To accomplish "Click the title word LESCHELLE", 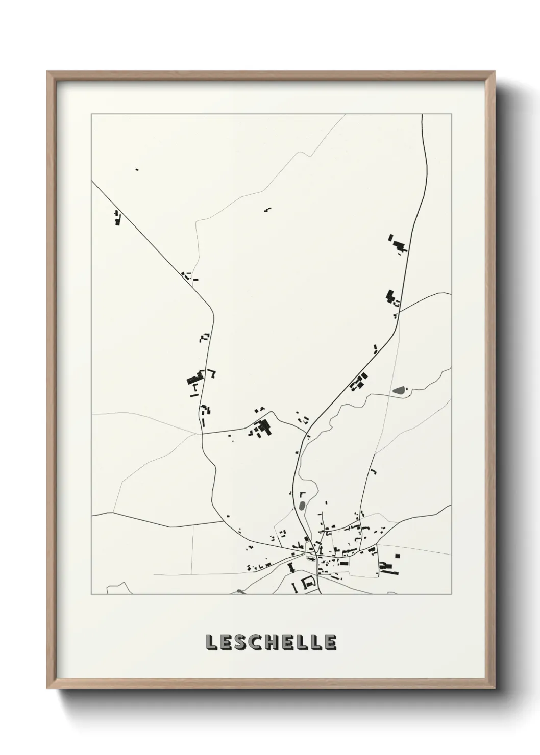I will pyautogui.click(x=271, y=643).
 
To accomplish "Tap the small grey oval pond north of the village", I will pyautogui.click(x=302, y=506).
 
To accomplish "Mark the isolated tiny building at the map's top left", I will pyautogui.click(x=137, y=169).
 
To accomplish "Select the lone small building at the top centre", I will pyautogui.click(x=267, y=209).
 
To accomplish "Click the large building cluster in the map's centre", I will pyautogui.click(x=263, y=427).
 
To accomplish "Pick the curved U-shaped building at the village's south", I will pyautogui.click(x=308, y=582).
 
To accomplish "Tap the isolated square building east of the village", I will pyautogui.click(x=398, y=556).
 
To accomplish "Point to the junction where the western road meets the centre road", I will pyautogui.click(x=202, y=434).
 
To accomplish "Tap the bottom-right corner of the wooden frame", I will pyautogui.click(x=495, y=690).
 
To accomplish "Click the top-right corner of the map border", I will pyautogui.click(x=451, y=114).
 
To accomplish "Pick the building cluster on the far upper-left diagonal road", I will pyautogui.click(x=117, y=218).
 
